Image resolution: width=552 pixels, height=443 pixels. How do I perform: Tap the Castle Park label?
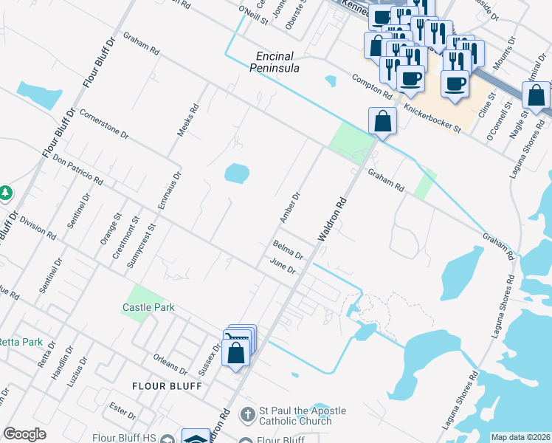pyautogui.click(x=145, y=306)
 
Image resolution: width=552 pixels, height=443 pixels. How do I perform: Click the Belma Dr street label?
pyautogui.click(x=289, y=250)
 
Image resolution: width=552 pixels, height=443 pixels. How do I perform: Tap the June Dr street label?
pyautogui.click(x=283, y=267)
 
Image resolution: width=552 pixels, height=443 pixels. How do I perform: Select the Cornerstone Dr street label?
pyautogui.click(x=104, y=125)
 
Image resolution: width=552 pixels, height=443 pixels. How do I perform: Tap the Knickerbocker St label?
pyautogui.click(x=432, y=118)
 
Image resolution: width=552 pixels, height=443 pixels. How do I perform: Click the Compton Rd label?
pyautogui.click(x=371, y=87)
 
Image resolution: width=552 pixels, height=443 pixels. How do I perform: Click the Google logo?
pyautogui.click(x=25, y=434)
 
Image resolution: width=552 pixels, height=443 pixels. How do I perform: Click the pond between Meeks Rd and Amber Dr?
pyautogui.click(x=236, y=174)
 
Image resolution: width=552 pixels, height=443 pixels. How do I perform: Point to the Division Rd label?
pyautogui.click(x=38, y=227)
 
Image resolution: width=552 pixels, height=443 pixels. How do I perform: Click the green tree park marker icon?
pyautogui.click(x=6, y=193)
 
